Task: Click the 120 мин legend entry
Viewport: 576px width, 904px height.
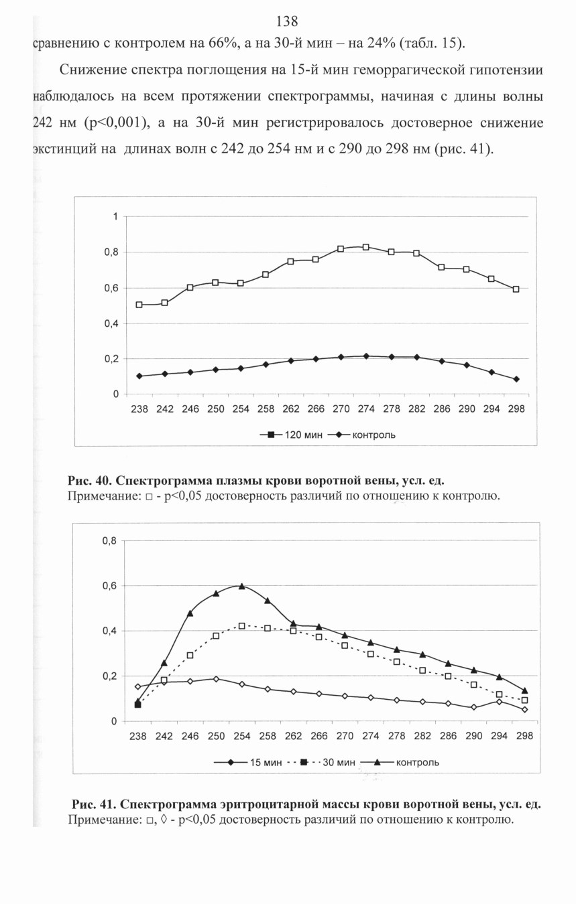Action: tap(292, 435)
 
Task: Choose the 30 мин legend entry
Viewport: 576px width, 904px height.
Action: tap(321, 762)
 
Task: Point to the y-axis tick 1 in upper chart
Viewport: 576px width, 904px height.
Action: tap(115, 217)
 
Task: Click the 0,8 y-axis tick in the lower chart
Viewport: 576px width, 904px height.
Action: tap(109, 541)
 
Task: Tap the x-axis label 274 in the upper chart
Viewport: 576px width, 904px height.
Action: tap(366, 409)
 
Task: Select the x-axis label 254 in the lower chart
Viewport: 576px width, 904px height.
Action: tap(241, 736)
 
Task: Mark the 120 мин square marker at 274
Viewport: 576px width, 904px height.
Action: tap(366, 247)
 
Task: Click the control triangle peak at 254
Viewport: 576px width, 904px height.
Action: tap(241, 586)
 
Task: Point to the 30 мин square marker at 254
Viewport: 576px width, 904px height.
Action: tap(241, 626)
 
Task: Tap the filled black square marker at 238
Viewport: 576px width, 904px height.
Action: tap(138, 704)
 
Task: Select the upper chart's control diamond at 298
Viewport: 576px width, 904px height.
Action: tap(516, 380)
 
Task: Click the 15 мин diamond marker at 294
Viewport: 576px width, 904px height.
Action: tap(499, 702)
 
